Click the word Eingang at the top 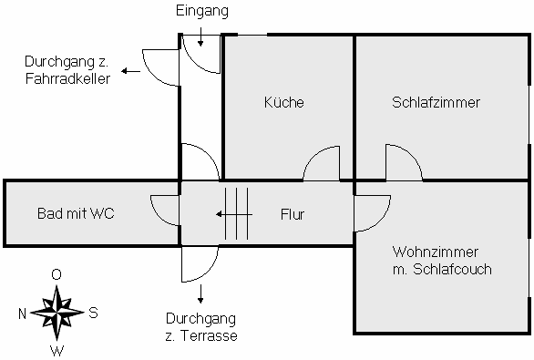[201, 12]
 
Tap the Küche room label [284, 103]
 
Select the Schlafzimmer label [436, 102]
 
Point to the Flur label [292, 215]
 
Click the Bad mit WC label [76, 214]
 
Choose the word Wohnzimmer [436, 251]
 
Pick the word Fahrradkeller [68, 78]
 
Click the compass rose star [57, 312]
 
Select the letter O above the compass [56, 274]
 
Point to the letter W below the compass [56, 350]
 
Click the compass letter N [22, 313]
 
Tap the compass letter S [93, 313]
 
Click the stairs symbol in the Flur [237, 214]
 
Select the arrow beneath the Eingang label [201, 37]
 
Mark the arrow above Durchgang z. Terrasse [201, 293]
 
